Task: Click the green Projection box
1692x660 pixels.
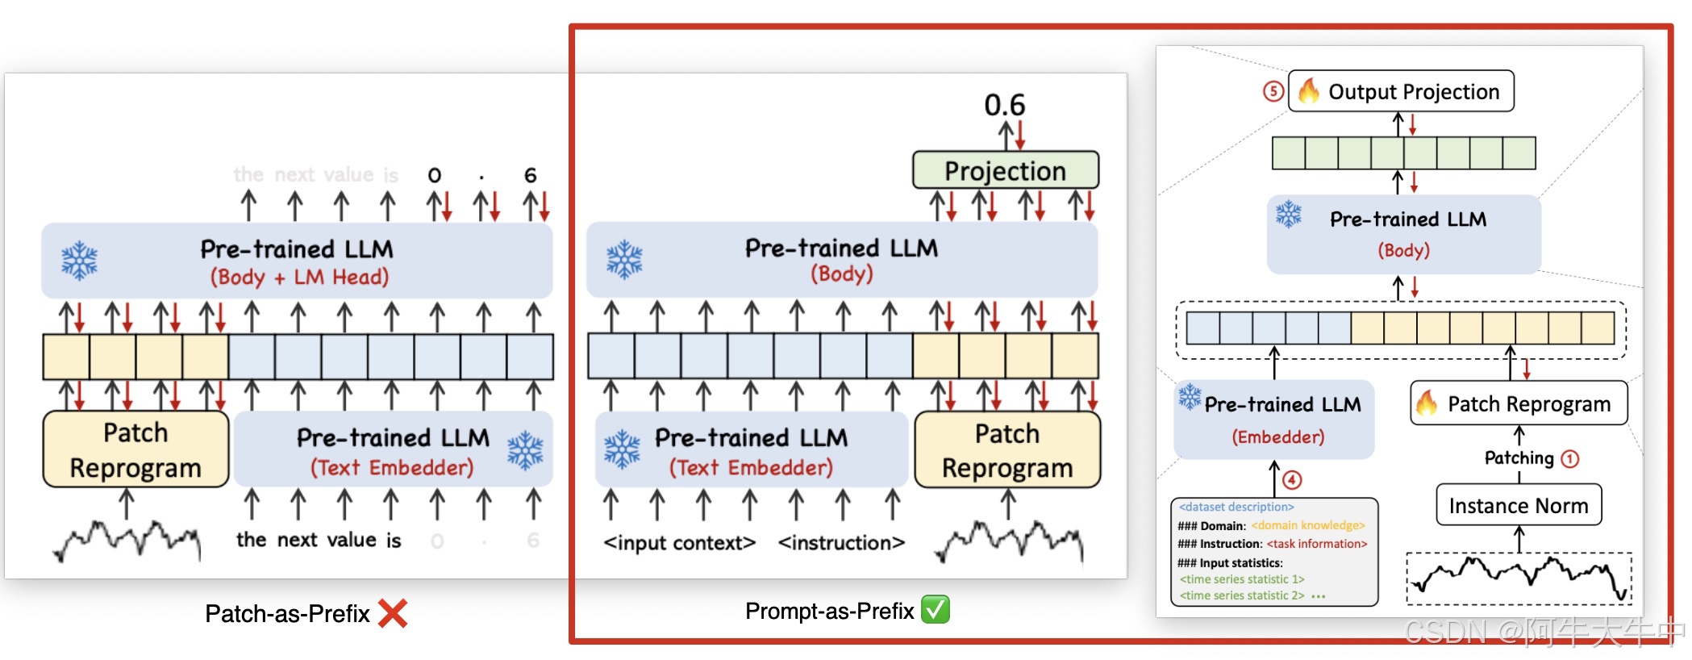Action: click(1005, 170)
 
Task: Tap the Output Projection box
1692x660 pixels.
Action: click(1402, 91)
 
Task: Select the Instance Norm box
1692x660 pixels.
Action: click(1519, 506)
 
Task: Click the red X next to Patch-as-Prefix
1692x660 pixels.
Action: click(393, 613)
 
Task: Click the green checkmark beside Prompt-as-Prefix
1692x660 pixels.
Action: click(936, 610)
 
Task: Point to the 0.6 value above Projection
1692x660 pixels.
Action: click(1004, 105)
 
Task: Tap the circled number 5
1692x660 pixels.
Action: click(1273, 91)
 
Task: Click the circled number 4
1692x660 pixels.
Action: click(1292, 480)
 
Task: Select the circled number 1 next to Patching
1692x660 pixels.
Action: click(1569, 459)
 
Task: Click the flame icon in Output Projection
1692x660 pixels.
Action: click(1309, 90)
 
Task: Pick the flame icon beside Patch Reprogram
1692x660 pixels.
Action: click(1427, 403)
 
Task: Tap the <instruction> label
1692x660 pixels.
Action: click(841, 543)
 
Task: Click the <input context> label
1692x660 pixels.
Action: click(679, 543)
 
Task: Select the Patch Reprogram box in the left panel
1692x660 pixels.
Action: click(135, 450)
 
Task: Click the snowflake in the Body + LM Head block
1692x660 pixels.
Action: click(79, 261)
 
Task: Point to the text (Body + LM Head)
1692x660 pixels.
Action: click(299, 278)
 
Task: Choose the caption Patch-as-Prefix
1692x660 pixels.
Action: click(287, 614)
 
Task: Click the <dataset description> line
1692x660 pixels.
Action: click(1236, 507)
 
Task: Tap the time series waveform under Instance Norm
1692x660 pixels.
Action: click(1519, 577)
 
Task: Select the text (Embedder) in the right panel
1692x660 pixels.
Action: click(1277, 437)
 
